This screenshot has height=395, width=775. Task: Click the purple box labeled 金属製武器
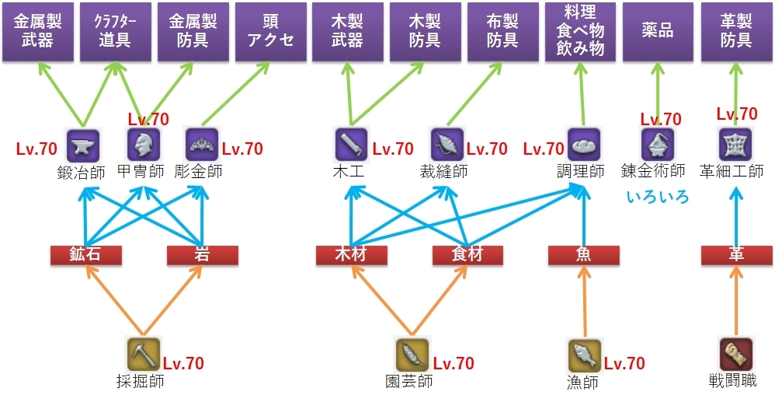click(37, 32)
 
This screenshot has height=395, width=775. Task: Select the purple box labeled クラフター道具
click(115, 32)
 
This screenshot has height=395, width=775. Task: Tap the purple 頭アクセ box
click(269, 32)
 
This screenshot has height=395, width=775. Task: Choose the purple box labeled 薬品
click(658, 32)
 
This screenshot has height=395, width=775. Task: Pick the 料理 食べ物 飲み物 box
click(580, 32)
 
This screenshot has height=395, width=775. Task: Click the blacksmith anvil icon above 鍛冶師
click(80, 145)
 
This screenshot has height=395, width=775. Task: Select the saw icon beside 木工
click(351, 145)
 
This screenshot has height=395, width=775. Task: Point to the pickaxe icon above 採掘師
click(143, 355)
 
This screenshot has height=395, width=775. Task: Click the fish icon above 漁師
click(583, 355)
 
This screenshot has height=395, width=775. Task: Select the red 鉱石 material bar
click(86, 255)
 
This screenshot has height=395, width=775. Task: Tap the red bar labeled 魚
click(583, 255)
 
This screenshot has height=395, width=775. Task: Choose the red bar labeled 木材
click(351, 255)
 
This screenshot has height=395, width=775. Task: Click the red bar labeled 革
click(736, 255)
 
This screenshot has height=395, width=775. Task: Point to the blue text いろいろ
click(658, 197)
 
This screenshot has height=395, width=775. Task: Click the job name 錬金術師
click(654, 170)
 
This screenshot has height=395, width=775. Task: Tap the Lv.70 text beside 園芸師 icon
click(454, 363)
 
